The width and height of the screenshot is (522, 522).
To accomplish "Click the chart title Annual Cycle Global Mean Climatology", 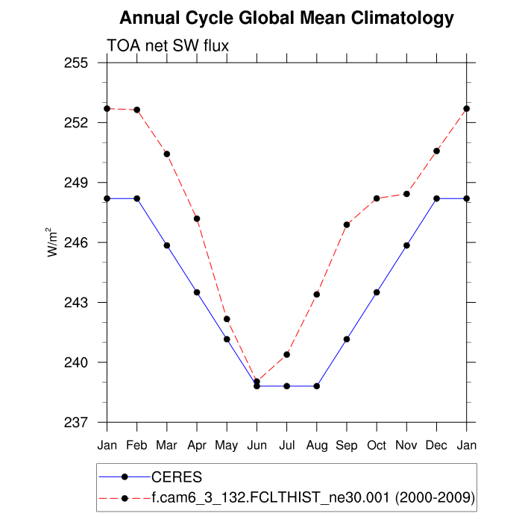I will point(286,18).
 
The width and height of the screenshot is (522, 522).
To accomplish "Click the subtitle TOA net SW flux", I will point(168,45).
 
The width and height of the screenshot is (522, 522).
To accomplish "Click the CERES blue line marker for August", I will point(317,386).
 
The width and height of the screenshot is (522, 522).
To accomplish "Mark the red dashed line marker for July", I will point(287,354).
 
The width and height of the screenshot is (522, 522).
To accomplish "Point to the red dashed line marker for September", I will point(347,224).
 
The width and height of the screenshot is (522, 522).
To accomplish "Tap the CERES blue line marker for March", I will point(167,245).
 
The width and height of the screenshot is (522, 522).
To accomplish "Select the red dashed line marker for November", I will point(406,194).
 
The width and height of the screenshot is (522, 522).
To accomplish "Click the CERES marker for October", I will point(377,292).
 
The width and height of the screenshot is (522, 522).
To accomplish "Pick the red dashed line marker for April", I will point(197,218).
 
